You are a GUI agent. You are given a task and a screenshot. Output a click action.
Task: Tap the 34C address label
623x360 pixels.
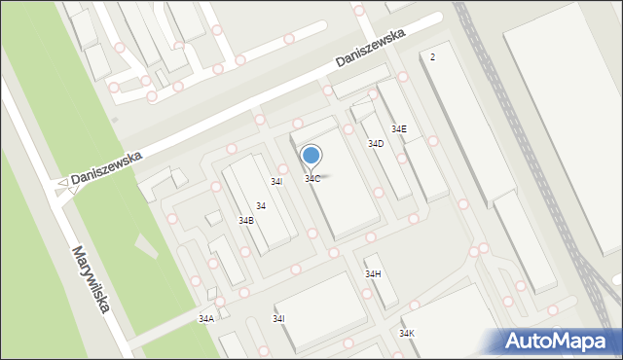click(x=312, y=179)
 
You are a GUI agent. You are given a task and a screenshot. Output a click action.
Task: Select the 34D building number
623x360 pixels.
click(x=375, y=144)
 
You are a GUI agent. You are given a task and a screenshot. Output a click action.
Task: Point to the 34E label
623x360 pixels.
click(x=399, y=129)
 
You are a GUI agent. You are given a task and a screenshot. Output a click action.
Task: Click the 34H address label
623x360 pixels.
click(x=373, y=274)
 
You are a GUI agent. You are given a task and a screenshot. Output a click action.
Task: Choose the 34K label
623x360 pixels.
click(x=406, y=334)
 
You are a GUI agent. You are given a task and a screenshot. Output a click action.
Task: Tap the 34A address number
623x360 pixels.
click(x=206, y=319)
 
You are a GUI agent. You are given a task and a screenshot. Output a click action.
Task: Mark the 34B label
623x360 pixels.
click(x=246, y=221)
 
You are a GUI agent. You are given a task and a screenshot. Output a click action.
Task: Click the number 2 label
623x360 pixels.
click(x=432, y=57)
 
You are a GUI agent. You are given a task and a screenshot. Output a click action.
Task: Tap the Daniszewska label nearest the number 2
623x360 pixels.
click(x=369, y=48)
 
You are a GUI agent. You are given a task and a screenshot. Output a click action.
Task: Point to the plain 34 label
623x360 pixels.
click(x=261, y=206)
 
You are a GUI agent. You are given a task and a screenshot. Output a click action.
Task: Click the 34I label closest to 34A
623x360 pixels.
click(x=279, y=319)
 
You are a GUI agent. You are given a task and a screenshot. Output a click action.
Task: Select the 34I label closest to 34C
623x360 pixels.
click(x=276, y=182)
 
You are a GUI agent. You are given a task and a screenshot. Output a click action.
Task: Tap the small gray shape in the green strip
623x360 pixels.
click(x=115, y=121)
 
